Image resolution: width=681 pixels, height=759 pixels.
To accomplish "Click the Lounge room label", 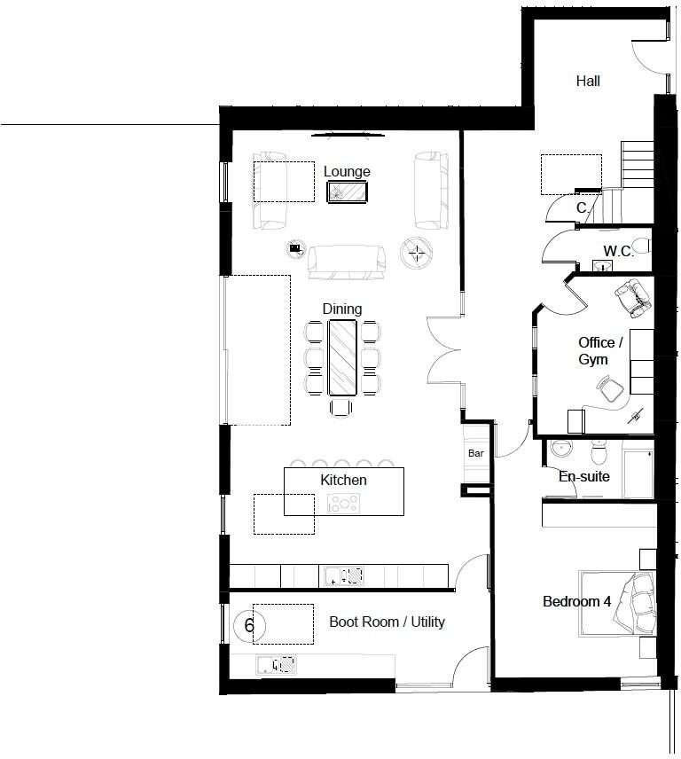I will tap(347, 172).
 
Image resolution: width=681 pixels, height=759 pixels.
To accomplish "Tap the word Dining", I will tap(341, 309).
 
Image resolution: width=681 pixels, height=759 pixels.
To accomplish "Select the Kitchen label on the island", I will tap(343, 480).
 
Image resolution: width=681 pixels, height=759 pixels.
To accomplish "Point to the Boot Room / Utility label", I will tap(387, 622).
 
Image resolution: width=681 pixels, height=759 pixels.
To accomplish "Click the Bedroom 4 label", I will tap(576, 602).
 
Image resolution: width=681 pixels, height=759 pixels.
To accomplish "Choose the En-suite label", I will tap(583, 476).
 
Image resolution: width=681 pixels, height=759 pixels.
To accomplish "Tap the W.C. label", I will tap(617, 252).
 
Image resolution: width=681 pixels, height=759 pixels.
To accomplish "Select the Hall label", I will tap(588, 81).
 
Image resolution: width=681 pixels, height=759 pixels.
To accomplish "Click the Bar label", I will tap(475, 453).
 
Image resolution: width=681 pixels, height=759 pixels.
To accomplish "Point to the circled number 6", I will tap(249, 626).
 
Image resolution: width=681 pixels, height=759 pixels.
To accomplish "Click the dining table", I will tap(342, 356).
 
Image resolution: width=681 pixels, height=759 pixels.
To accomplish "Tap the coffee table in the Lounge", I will tap(347, 192).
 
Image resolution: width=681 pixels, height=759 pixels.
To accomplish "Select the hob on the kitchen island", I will tap(344, 504).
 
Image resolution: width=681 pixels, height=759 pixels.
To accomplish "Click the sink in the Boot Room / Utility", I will tap(277, 664).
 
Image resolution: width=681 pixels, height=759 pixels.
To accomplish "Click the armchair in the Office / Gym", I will tap(632, 298).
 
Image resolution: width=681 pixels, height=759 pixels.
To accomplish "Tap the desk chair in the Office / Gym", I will tap(608, 387).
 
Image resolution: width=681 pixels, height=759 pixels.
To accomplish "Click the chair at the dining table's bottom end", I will tap(342, 408).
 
